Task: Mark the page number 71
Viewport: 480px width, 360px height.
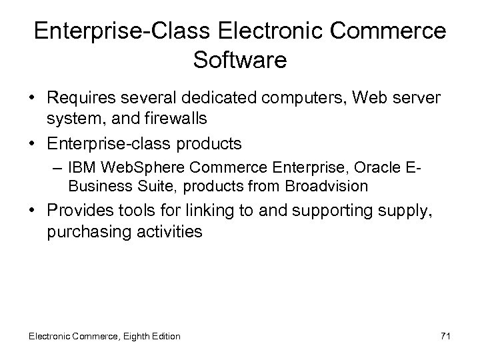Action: click(x=445, y=336)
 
